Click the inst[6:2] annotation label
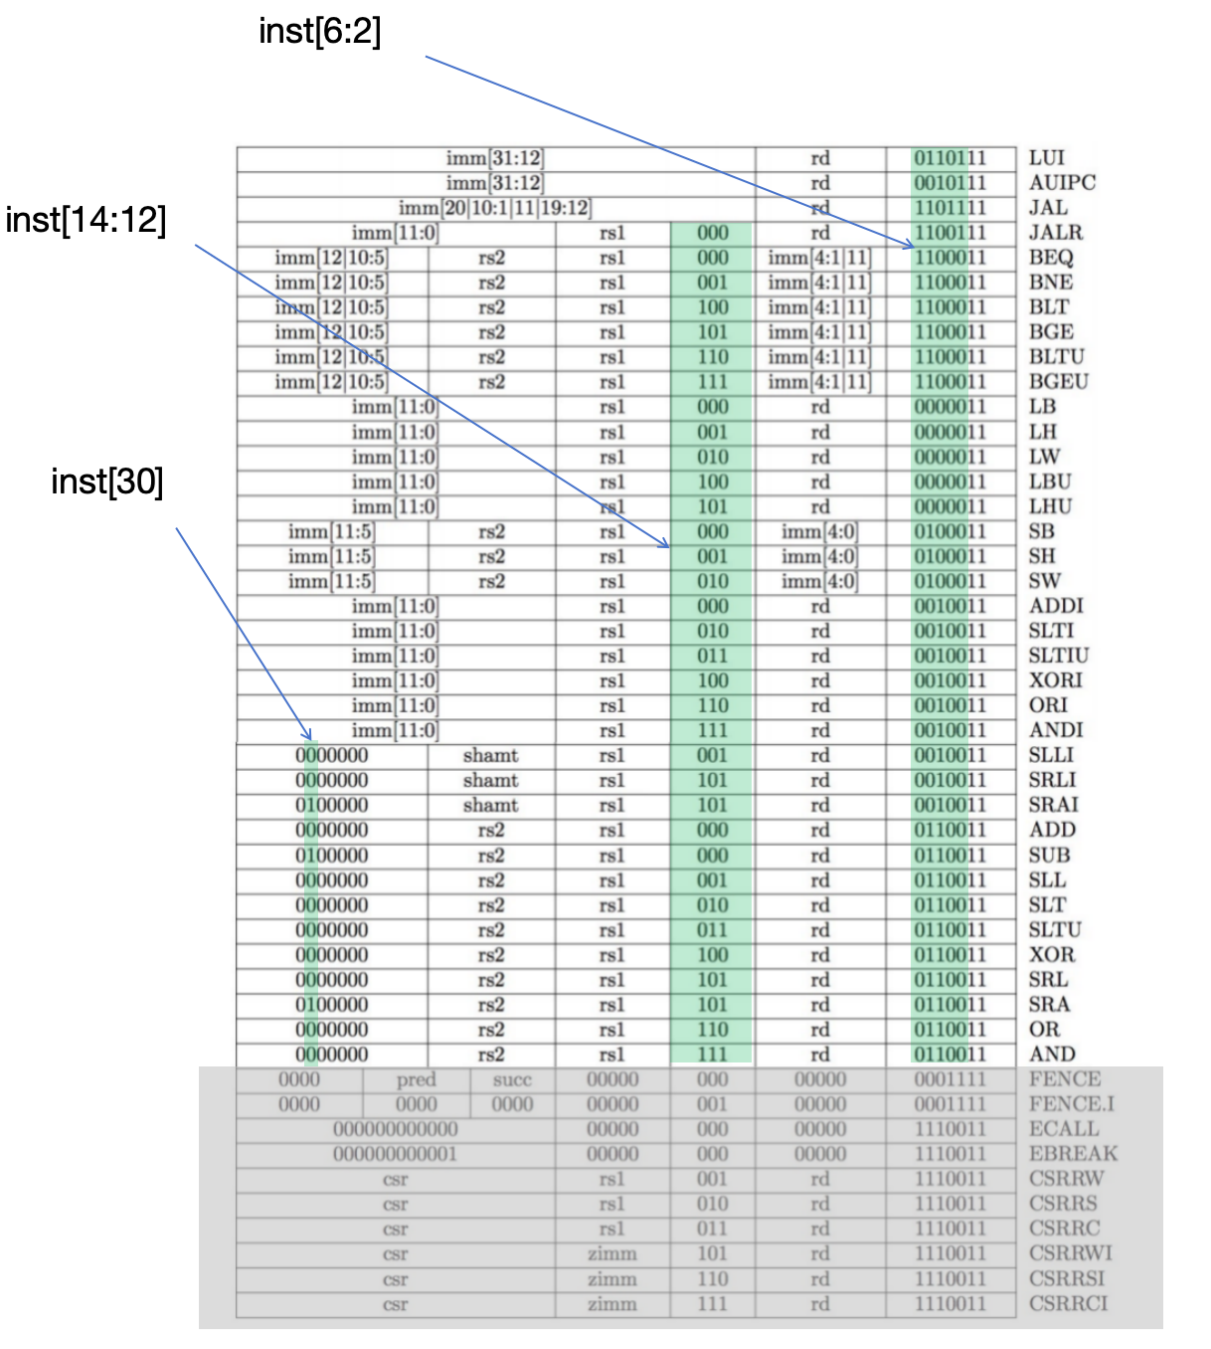(319, 32)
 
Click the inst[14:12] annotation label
(86, 220)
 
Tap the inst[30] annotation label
(107, 482)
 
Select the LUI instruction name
(1046, 158)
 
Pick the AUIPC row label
(1062, 183)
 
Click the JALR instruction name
(1055, 233)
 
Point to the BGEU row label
(1058, 382)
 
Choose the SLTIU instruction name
(1058, 656)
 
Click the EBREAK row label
(1073, 1154)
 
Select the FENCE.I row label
(1071, 1104)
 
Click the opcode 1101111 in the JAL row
(950, 208)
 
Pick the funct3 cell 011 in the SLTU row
(712, 930)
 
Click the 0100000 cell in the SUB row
(331, 856)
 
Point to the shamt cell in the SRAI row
(490, 805)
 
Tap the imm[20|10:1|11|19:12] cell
(494, 208)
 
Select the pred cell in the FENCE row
(416, 1079)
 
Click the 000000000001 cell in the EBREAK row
(395, 1154)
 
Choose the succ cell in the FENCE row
(512, 1079)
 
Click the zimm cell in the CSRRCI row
(611, 1303)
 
